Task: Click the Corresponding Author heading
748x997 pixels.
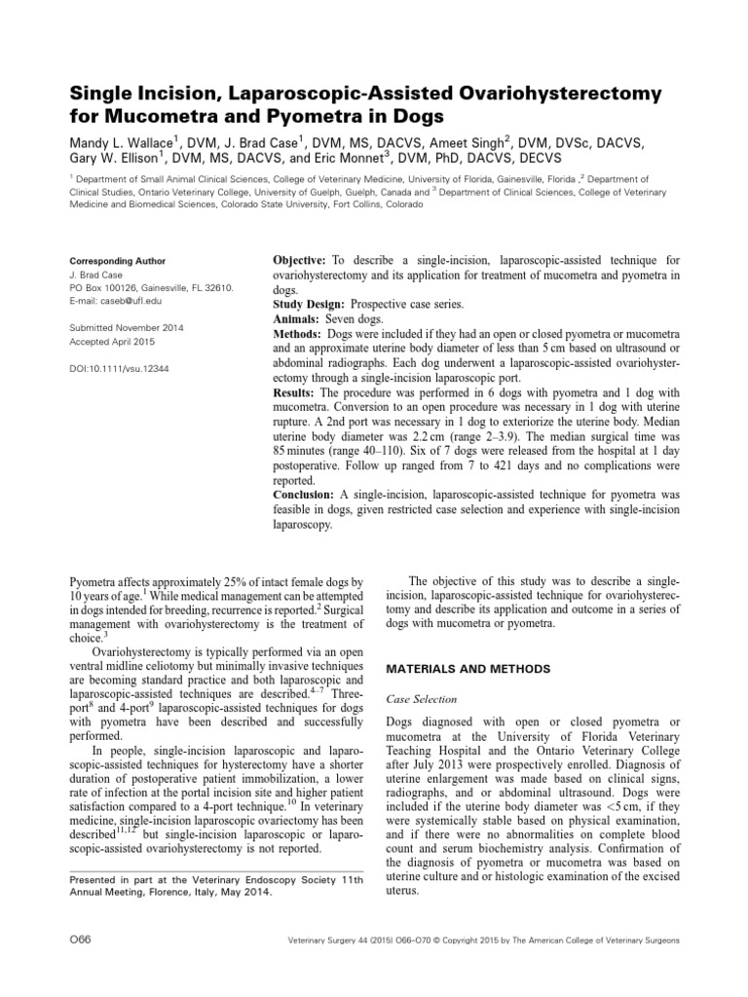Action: click(x=117, y=261)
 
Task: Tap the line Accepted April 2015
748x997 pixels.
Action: click(x=112, y=343)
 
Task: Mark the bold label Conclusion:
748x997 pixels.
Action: click(x=308, y=495)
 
